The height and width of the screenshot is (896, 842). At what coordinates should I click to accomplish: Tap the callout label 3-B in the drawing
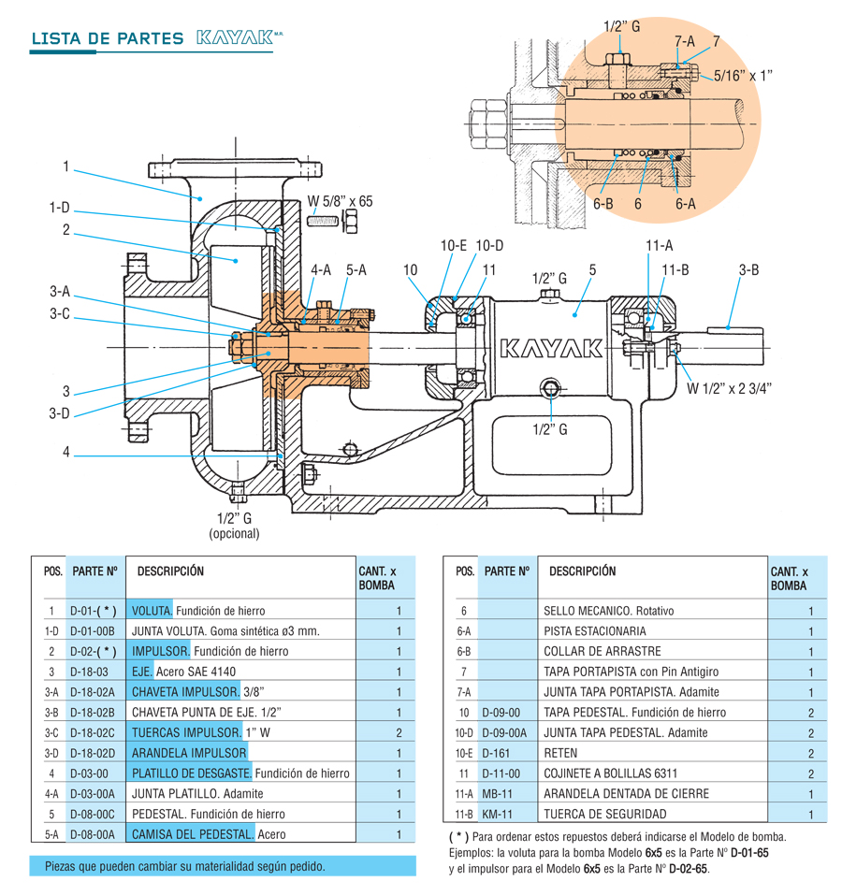[748, 270]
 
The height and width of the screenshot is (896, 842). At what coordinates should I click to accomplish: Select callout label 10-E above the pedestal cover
[453, 245]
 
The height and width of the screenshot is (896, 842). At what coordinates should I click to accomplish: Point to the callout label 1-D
[60, 209]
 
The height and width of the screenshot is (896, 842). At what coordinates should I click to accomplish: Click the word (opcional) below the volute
[234, 534]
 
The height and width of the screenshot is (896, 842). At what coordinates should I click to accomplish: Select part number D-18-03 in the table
[90, 672]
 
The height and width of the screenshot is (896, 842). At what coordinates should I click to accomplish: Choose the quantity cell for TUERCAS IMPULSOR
[399, 732]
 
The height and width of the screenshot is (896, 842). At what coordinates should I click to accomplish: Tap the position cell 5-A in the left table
[52, 834]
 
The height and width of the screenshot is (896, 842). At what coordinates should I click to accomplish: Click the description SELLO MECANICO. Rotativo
[608, 611]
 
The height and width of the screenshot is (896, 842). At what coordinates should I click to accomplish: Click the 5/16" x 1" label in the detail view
[743, 76]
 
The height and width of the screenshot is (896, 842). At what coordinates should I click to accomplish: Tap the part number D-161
[494, 753]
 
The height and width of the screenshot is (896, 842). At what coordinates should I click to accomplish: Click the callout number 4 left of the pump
[66, 453]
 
